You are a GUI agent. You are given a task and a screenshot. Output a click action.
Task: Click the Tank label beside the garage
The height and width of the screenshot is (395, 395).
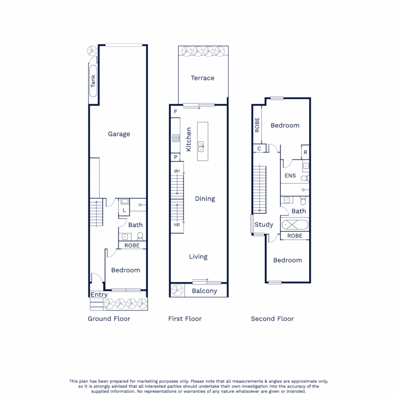click(93, 81)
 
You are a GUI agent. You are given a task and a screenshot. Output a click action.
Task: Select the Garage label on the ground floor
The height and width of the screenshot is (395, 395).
click(119, 134)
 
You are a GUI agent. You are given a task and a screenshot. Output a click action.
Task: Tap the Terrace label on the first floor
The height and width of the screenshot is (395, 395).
click(202, 78)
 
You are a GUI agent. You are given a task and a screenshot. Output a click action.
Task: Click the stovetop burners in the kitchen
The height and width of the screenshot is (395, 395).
click(176, 138)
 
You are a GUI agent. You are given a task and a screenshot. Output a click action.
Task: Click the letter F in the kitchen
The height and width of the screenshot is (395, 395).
click(176, 112)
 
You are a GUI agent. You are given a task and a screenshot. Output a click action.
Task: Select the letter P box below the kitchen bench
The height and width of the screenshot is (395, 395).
click(176, 157)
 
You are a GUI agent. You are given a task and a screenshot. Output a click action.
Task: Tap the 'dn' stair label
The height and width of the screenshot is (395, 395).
click(177, 171)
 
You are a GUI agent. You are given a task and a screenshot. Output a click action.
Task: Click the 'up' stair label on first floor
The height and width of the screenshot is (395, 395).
click(177, 224)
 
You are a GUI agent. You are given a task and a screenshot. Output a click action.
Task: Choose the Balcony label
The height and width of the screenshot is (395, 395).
click(205, 291)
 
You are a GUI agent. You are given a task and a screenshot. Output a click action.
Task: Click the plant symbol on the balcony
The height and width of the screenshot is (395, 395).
click(177, 290)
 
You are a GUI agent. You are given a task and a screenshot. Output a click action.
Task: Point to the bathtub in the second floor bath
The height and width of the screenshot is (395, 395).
click(295, 224)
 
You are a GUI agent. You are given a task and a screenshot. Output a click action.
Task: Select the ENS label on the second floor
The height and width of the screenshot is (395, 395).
click(290, 176)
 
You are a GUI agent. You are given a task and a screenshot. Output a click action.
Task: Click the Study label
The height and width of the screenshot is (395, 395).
click(264, 225)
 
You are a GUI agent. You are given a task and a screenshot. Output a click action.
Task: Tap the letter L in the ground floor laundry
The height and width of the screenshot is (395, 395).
click(124, 210)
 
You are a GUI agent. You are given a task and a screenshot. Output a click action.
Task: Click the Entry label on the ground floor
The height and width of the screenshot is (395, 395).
click(99, 295)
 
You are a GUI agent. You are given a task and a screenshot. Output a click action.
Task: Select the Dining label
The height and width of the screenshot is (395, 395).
click(205, 199)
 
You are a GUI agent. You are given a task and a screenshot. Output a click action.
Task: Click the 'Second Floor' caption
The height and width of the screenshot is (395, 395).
click(272, 319)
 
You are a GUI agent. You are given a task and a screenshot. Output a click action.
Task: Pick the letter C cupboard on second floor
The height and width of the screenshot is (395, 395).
click(259, 149)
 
